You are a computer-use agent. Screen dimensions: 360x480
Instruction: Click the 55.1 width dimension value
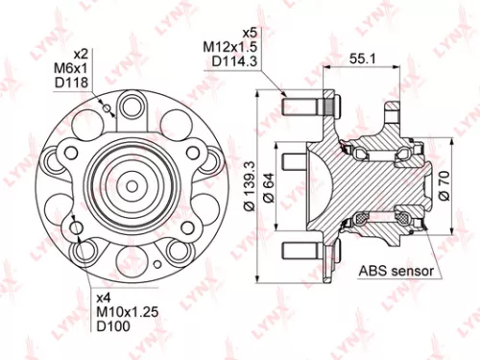[x=362, y=59]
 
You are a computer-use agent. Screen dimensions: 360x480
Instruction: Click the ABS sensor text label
[x=395, y=271]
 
